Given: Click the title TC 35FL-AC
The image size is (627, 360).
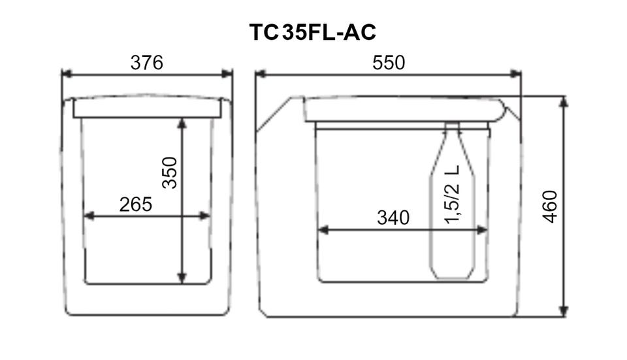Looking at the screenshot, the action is (x=312, y=33).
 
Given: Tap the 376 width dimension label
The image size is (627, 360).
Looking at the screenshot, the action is (x=147, y=63).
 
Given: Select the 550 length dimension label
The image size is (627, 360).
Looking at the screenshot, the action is (x=389, y=63).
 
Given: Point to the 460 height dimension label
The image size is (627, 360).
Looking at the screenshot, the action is (x=550, y=206).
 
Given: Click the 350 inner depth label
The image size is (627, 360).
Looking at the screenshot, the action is (x=170, y=172).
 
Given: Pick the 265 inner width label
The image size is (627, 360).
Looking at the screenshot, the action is (x=136, y=205).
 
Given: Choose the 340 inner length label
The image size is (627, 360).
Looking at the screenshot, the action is (x=393, y=218).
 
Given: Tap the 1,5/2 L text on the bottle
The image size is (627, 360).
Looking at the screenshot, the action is (x=452, y=194).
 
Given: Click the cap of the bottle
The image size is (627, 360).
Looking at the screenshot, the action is (x=452, y=126).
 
